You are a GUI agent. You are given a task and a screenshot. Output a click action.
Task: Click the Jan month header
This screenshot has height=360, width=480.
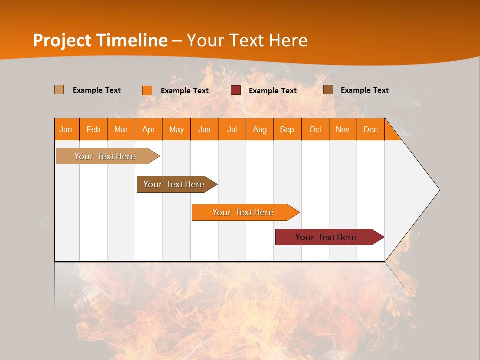click(x=66, y=129)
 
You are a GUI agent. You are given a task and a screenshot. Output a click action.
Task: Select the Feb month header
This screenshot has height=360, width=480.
click(x=93, y=129)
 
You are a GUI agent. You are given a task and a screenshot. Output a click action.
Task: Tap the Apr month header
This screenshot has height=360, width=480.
click(x=148, y=129)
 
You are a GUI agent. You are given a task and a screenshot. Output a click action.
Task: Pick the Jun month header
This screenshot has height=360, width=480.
click(x=204, y=129)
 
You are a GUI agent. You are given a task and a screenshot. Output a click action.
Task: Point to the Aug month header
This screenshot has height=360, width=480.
click(x=259, y=129)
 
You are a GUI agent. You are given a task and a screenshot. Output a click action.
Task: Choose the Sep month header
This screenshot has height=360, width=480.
click(x=287, y=129)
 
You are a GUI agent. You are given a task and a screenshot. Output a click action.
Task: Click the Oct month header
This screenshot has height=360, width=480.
click(x=315, y=129)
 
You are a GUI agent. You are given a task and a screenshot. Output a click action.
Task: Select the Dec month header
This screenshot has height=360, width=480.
click(x=370, y=129)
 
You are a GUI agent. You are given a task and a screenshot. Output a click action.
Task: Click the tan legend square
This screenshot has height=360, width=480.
click(x=59, y=90)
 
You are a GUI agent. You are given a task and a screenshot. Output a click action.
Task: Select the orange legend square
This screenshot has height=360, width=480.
click(x=147, y=90)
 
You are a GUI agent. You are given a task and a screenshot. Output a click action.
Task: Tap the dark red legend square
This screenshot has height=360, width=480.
click(x=236, y=90)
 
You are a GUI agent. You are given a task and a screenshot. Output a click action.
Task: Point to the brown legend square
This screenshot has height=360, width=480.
click(x=328, y=90)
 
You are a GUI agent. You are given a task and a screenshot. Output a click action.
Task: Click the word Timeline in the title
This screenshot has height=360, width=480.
click(x=133, y=40)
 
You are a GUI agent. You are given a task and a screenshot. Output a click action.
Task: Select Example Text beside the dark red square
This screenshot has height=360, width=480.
click(x=272, y=91)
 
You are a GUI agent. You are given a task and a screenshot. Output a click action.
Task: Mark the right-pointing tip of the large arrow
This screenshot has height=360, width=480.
click(x=439, y=190)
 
